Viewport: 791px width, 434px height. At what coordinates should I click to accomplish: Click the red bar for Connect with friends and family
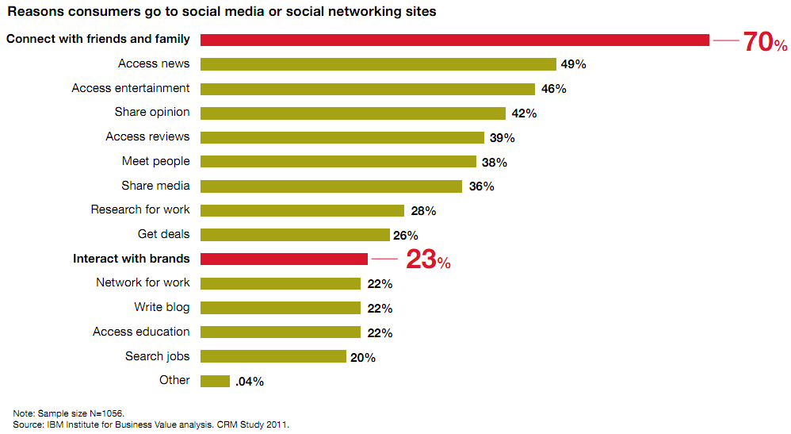click(454, 40)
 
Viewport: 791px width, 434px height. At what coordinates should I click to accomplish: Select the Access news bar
click(378, 64)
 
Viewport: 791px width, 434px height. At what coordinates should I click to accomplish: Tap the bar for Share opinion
click(353, 113)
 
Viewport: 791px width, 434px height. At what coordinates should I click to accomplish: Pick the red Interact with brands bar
click(284, 259)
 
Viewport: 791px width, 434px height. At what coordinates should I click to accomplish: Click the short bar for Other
click(215, 381)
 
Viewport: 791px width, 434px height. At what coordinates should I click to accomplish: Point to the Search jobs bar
click(273, 357)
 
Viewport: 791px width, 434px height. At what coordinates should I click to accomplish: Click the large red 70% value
click(765, 42)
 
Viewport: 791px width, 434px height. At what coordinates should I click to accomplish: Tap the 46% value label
click(554, 89)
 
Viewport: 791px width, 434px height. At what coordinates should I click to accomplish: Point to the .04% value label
click(249, 382)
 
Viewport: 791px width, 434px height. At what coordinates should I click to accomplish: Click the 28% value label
click(423, 211)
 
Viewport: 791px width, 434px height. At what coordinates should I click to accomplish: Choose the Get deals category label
click(163, 234)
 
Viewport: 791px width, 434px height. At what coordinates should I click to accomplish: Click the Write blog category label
click(162, 307)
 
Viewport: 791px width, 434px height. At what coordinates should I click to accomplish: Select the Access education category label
click(141, 332)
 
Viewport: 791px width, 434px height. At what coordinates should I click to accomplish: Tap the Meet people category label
click(155, 161)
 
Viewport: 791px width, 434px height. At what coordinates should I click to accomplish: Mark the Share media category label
click(155, 186)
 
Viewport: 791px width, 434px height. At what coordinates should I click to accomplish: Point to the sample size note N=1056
click(69, 413)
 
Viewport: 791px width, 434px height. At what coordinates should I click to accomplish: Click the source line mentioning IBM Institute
click(151, 424)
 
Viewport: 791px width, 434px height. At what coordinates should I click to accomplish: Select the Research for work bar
click(302, 210)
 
